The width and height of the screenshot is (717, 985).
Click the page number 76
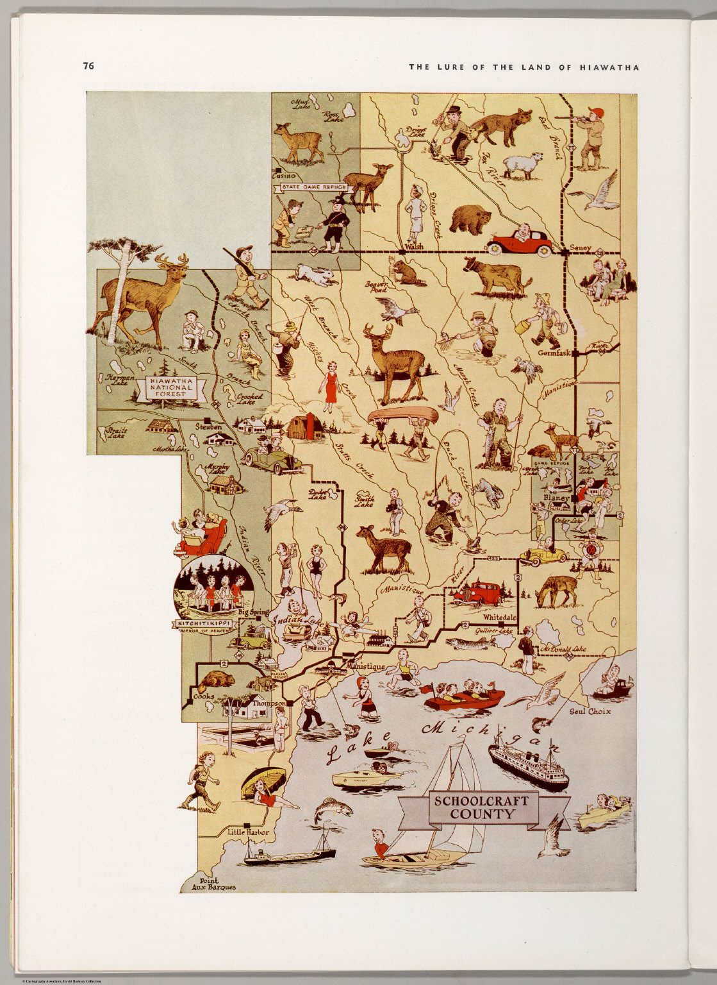pos(88,65)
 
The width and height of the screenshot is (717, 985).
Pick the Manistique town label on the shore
pos(366,667)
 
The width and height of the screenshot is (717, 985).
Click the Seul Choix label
pos(593,711)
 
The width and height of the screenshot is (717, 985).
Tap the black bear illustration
pos(471,219)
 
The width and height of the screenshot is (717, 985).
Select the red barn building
pos(304,428)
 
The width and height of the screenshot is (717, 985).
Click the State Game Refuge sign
pos(314,187)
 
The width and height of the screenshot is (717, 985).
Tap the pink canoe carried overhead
pos(402,415)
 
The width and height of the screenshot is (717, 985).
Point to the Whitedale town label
pos(500,617)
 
